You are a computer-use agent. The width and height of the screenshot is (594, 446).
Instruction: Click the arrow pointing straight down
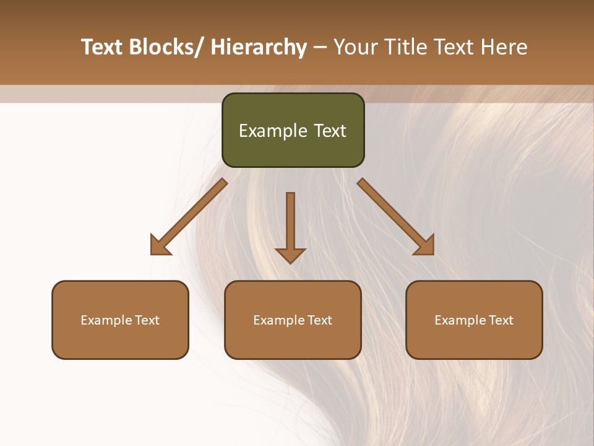coord(290,226)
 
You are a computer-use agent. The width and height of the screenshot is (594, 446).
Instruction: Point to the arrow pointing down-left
coord(189,216)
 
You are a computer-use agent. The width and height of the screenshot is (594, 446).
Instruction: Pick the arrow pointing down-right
coord(395,216)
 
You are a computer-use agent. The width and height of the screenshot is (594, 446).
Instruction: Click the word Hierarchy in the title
coord(259,47)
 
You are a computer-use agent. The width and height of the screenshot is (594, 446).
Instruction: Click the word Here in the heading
coord(506,47)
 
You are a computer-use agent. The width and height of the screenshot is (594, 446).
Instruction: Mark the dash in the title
coord(320,47)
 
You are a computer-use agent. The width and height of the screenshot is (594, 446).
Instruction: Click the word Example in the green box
coord(273,131)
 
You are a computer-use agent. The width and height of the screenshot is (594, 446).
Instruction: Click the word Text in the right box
coord(500,320)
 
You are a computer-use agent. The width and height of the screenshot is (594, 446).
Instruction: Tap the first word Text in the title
coord(103,47)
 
